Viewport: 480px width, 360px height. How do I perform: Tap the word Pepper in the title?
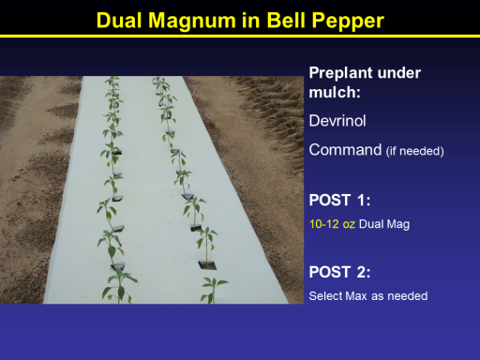[x=348, y=22]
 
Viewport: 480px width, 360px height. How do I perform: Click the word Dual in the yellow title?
[x=119, y=21]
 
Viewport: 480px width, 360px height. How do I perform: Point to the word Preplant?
[x=341, y=74]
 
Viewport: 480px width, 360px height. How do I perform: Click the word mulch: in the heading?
[x=335, y=92]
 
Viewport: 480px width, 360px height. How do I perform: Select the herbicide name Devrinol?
[x=337, y=121]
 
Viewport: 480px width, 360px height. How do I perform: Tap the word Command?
[x=345, y=150]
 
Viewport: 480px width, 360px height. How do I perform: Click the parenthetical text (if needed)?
[x=415, y=151]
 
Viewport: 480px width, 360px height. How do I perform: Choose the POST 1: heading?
[x=339, y=200]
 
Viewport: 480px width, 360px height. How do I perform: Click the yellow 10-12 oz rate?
[x=332, y=224]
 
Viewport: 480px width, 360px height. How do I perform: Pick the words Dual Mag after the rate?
[x=384, y=224]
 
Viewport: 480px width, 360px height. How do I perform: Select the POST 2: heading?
[x=339, y=272]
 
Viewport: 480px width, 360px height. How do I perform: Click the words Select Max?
[x=337, y=296]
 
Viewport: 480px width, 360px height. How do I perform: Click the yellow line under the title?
[x=240, y=37]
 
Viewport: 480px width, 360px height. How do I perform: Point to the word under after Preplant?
[x=399, y=73]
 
